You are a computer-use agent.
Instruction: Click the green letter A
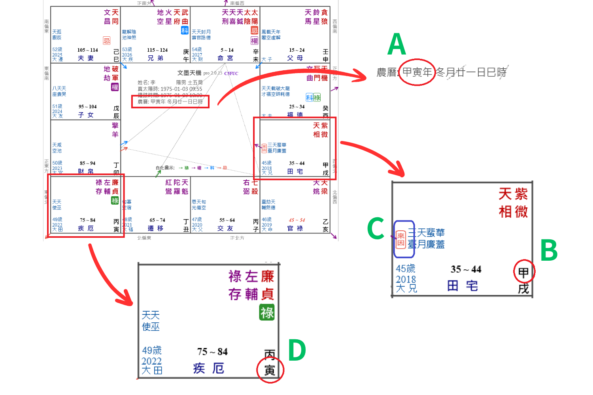click(x=397, y=45)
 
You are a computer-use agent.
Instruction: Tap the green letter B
click(x=549, y=250)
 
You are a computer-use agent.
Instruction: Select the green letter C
click(x=376, y=228)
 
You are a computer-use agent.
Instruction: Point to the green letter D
click(x=297, y=350)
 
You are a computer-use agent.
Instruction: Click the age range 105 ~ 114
click(x=88, y=50)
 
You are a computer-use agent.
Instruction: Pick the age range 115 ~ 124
click(x=157, y=50)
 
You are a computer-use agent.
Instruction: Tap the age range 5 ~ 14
click(x=227, y=50)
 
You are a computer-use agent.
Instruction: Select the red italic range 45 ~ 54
click(x=297, y=220)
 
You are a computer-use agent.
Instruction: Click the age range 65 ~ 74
click(x=157, y=220)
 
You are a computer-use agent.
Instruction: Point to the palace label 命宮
click(x=226, y=58)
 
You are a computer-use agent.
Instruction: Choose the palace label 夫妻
click(x=86, y=58)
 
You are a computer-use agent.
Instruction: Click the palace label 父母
click(x=295, y=58)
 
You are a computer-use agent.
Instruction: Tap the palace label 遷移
click(x=156, y=228)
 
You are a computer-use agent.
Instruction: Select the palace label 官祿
click(x=295, y=228)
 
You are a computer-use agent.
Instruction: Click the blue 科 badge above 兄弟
click(x=185, y=30)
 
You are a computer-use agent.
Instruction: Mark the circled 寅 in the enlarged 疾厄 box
click(x=270, y=370)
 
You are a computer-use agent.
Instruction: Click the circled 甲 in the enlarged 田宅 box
click(x=523, y=272)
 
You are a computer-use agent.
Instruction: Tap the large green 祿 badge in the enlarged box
click(x=267, y=313)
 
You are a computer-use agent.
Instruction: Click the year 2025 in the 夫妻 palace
click(x=57, y=55)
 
